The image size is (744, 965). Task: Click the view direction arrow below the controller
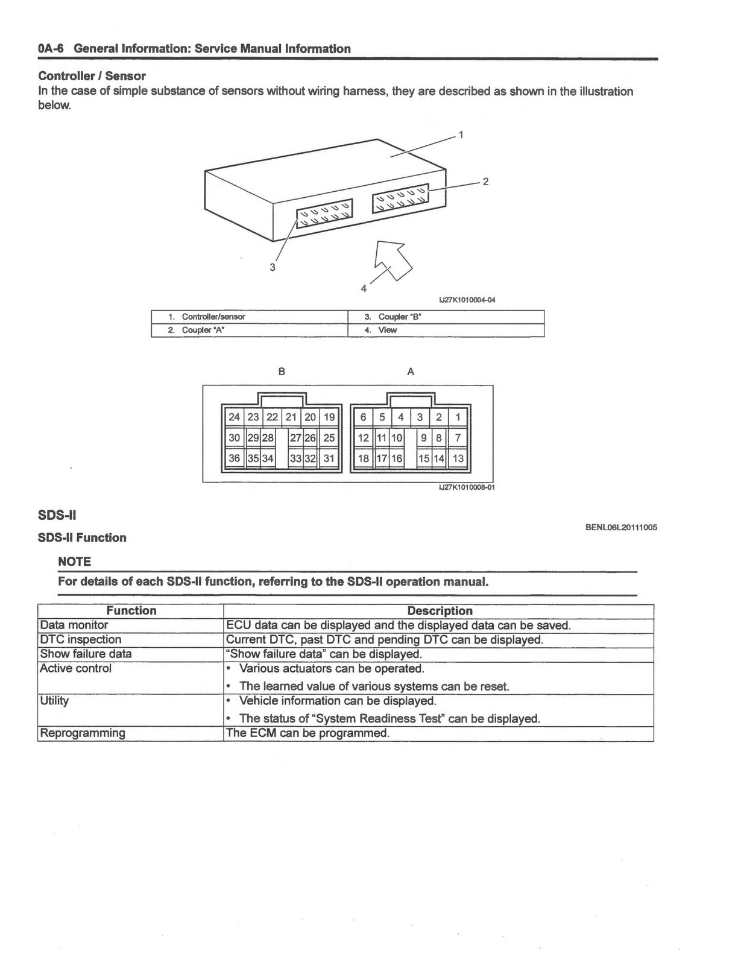394,260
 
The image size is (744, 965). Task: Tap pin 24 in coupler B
234,417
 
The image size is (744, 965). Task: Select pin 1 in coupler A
458,417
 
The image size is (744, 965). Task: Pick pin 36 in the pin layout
234,458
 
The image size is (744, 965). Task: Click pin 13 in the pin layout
458,458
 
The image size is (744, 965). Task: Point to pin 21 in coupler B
291,417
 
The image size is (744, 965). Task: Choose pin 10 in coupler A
396,438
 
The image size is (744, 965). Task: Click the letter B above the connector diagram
282,372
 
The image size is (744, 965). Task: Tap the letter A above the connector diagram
411,372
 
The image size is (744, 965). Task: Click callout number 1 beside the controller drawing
461,134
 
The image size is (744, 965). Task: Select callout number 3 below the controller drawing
273,267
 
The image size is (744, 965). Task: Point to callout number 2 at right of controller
485,181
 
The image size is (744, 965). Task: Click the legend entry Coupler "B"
400,317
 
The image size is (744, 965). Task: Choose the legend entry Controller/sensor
213,317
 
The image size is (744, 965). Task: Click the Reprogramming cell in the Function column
83,733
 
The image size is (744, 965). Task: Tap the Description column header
440,610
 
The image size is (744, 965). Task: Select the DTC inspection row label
80,639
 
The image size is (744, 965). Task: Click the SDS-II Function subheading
82,537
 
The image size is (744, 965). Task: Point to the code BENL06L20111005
622,527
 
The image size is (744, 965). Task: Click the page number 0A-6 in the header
51,48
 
